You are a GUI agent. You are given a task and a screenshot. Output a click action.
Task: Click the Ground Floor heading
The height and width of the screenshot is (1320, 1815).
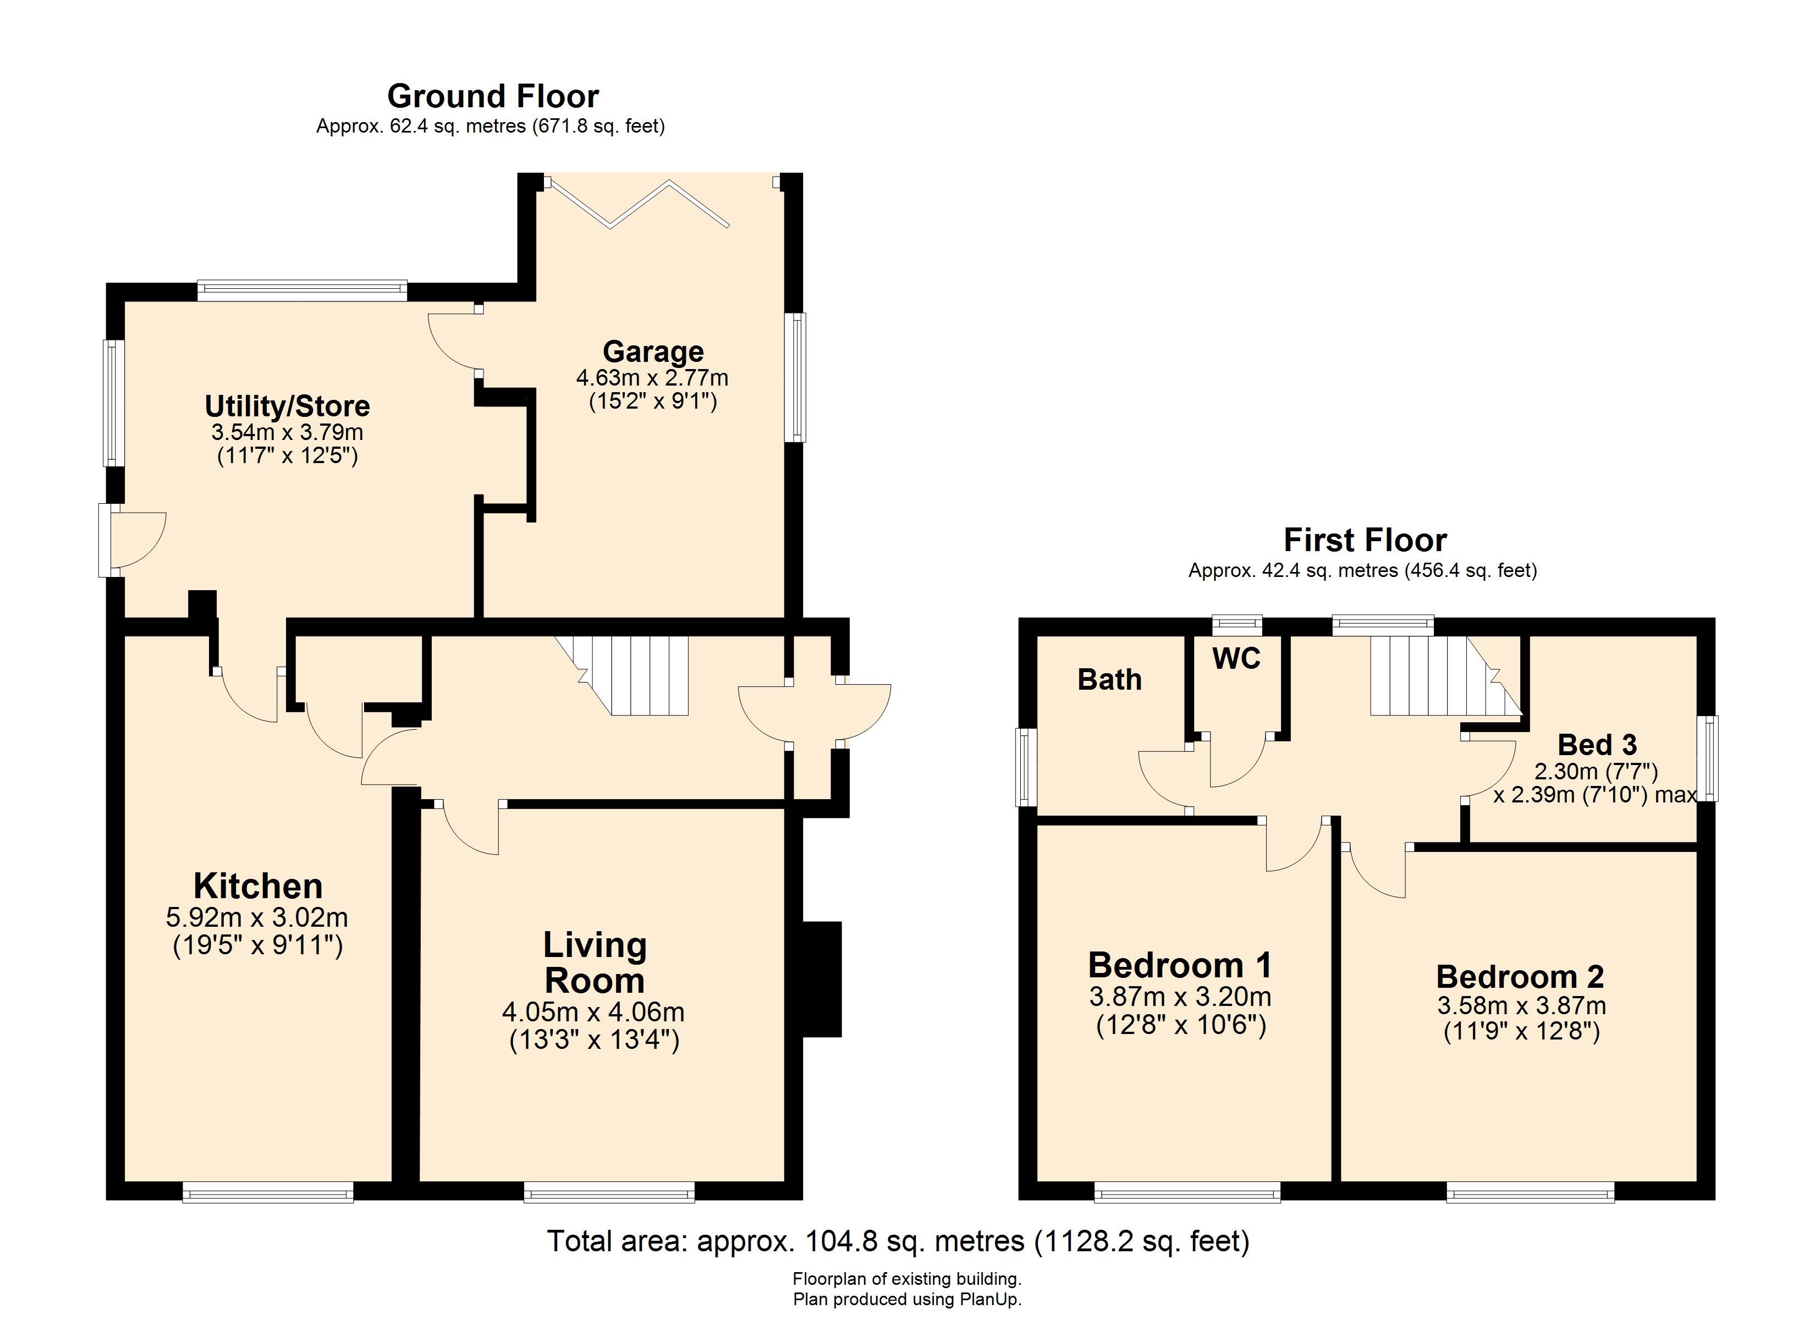[x=493, y=97]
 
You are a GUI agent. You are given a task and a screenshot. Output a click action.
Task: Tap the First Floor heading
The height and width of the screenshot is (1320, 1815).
[x=1365, y=540]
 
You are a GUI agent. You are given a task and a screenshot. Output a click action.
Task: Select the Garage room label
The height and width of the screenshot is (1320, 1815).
[x=653, y=351]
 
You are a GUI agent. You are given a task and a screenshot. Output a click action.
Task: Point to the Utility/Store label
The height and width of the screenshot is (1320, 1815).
[x=287, y=406]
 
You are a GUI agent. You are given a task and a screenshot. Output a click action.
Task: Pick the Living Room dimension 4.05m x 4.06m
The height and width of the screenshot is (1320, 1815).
[x=593, y=1012]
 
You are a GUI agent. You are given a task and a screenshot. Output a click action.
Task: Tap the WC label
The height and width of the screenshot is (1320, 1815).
[x=1236, y=659]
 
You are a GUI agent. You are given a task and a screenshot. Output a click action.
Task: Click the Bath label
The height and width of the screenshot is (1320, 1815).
[x=1109, y=680]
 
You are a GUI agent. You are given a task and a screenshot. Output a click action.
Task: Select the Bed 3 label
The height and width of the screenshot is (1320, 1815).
[x=1597, y=745]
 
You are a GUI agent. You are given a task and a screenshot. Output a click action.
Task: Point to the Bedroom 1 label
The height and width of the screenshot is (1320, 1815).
[x=1180, y=965]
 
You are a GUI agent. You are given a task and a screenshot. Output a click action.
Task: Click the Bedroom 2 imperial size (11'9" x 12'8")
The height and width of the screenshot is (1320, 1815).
[x=1521, y=1031]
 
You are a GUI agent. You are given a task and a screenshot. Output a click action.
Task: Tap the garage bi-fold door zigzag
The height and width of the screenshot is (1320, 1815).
[x=637, y=204]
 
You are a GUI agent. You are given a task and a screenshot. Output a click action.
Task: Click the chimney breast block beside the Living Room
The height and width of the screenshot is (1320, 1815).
[x=822, y=980]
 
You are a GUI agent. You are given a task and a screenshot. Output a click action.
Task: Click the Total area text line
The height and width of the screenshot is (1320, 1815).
[x=898, y=1241]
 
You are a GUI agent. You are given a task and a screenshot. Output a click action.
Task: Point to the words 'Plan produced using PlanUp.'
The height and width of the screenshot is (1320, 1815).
[x=908, y=1299]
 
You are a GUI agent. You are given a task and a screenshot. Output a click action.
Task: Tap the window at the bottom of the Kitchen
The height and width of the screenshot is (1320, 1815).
[x=267, y=1193]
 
